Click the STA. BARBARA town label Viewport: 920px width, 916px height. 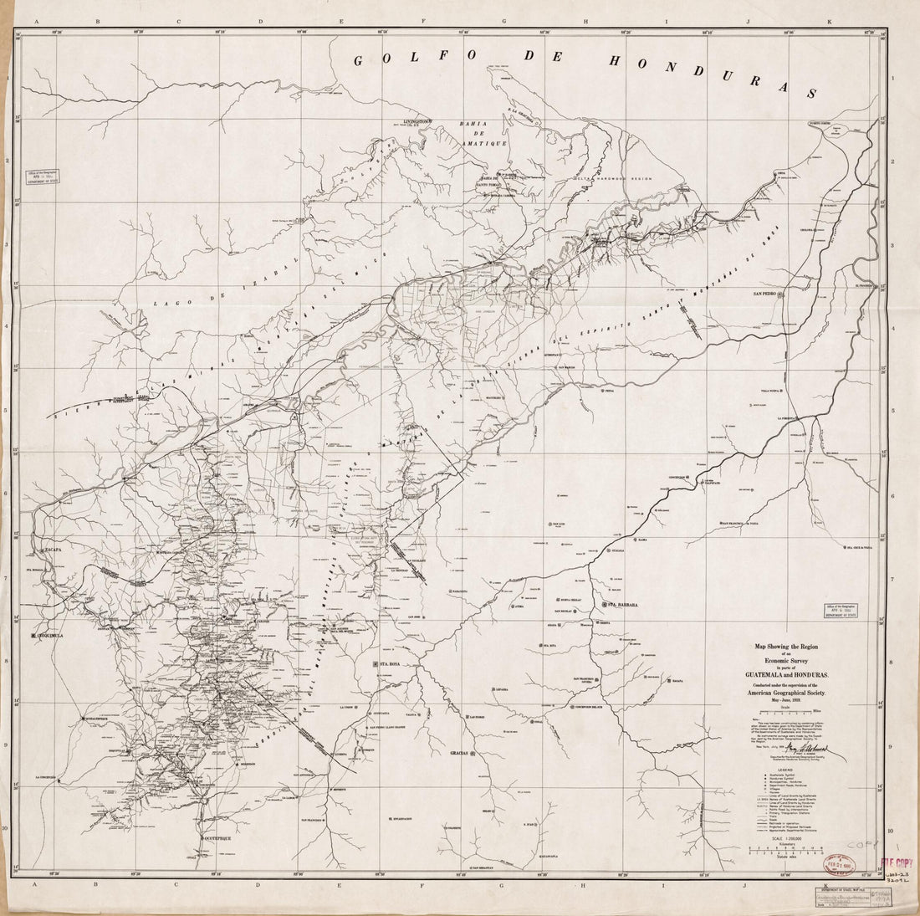click(x=623, y=604)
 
